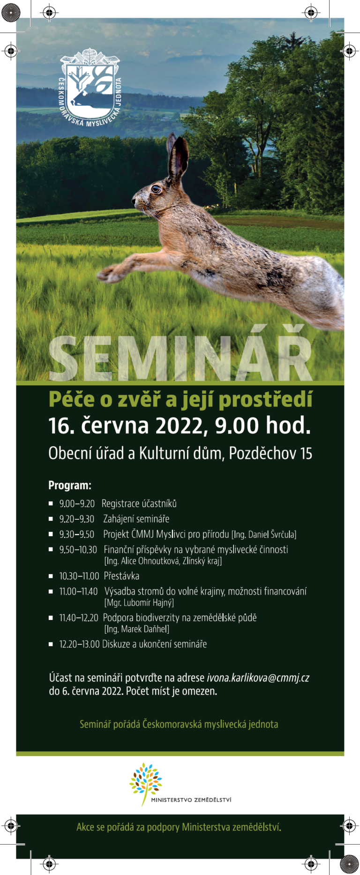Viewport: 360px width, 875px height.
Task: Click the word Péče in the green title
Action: [72, 399]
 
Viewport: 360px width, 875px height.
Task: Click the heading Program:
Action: [70, 486]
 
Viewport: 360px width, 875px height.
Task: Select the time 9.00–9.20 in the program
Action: [77, 504]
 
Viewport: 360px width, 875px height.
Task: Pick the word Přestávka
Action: [121, 576]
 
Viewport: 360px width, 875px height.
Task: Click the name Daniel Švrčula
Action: [271, 534]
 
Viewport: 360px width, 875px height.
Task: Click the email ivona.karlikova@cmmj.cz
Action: [258, 678]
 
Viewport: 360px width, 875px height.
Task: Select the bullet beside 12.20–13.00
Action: [51, 644]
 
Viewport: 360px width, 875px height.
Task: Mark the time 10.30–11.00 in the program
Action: [79, 576]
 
